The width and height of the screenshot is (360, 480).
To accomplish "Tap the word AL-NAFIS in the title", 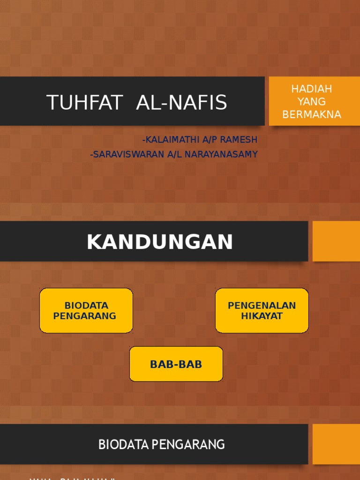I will coord(181,102).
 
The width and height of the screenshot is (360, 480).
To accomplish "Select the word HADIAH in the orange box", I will coord(312,89).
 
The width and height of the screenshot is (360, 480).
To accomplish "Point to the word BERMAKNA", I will coord(312,114).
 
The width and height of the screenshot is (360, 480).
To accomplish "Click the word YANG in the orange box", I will coord(312,102).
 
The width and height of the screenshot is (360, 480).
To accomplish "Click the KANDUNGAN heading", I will coord(160,242).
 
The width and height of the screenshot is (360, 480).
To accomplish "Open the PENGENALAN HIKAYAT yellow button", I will coord(262,310).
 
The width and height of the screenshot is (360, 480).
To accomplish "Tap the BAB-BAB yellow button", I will coord(176,364).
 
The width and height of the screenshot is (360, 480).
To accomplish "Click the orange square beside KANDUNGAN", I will coord(336,241).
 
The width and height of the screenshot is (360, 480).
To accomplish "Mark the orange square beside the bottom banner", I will coord(336,444).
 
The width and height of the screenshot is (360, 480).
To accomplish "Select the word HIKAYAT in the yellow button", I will coord(262,316).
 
